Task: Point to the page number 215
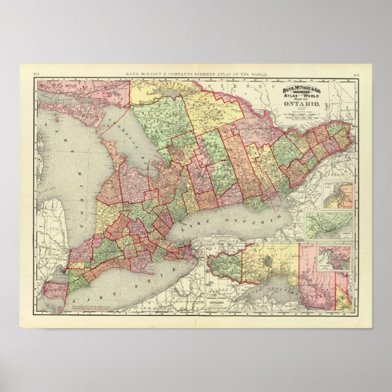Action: coord(355,75)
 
